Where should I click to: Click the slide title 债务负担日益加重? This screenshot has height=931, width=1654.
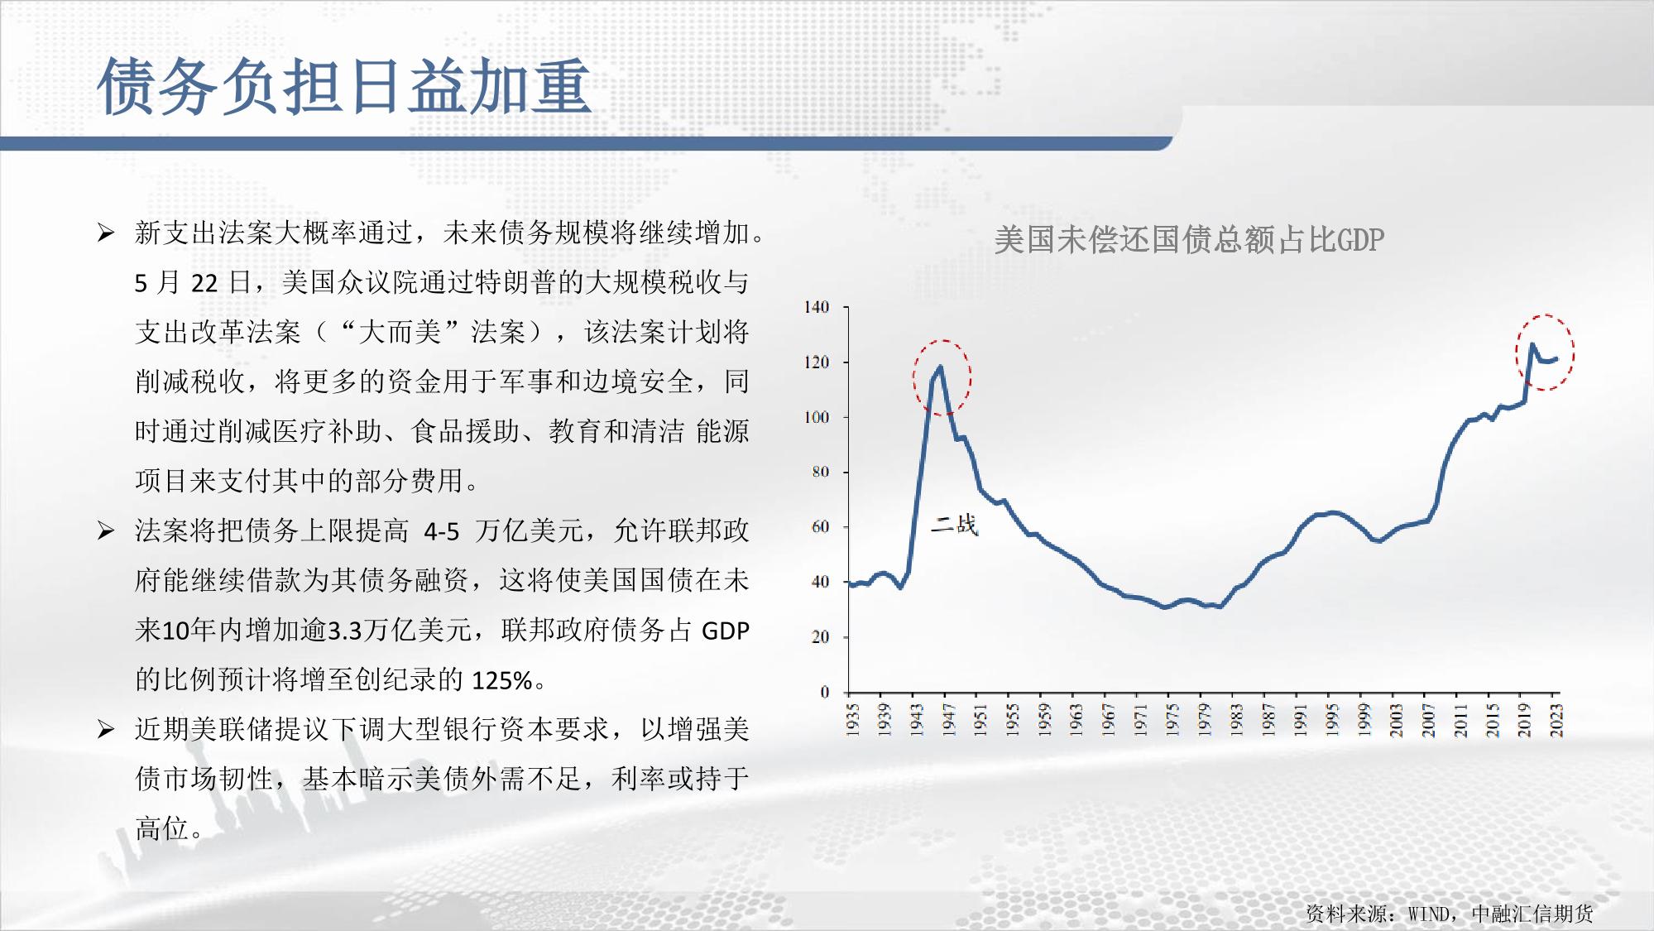pyautogui.click(x=344, y=85)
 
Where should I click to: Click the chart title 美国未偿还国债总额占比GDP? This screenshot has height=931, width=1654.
pyautogui.click(x=1189, y=240)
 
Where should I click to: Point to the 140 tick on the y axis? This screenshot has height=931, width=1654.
pyautogui.click(x=817, y=307)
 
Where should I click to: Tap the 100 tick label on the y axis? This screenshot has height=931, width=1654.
pyautogui.click(x=817, y=417)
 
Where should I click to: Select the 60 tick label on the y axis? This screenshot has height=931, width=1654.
pyautogui.click(x=820, y=527)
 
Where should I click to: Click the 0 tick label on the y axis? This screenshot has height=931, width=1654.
pyautogui.click(x=825, y=692)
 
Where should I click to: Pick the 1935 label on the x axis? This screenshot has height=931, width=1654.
pyautogui.click(x=853, y=720)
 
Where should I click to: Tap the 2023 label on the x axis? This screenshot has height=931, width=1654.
pyautogui.click(x=1556, y=720)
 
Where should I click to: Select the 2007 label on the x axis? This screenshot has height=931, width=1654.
pyautogui.click(x=1428, y=720)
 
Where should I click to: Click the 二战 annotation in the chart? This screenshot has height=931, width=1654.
pyautogui.click(x=955, y=525)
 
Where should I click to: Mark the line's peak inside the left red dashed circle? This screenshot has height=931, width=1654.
pyautogui.click(x=940, y=367)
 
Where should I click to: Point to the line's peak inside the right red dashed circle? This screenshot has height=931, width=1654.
pyautogui.click(x=1532, y=344)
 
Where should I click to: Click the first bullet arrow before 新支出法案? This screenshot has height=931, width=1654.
pyautogui.click(x=106, y=233)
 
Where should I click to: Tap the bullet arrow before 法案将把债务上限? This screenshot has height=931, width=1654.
pyautogui.click(x=106, y=530)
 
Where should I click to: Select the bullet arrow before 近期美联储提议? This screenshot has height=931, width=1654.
pyautogui.click(x=106, y=729)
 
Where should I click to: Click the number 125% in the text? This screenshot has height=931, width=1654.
pyautogui.click(x=502, y=680)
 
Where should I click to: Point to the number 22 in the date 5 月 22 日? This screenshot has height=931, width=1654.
pyautogui.click(x=204, y=284)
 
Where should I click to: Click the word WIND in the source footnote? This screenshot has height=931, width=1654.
pyautogui.click(x=1429, y=914)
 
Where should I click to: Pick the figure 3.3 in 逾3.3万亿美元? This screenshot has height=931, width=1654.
pyautogui.click(x=346, y=631)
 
